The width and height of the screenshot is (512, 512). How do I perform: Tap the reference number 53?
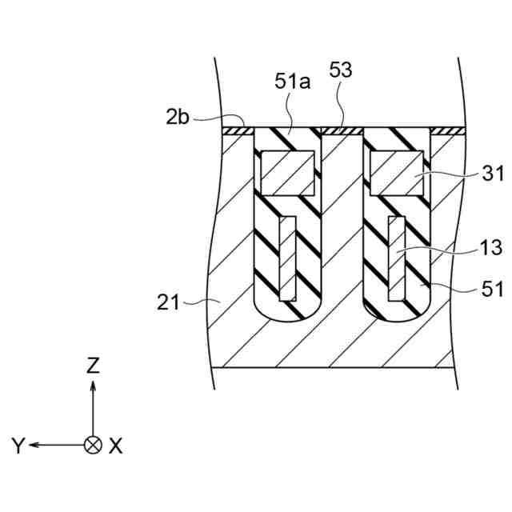[340, 70]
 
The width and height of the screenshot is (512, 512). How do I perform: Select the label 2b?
[178, 118]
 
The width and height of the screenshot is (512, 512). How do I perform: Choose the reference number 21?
[166, 302]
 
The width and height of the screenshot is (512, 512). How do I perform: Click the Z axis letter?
[94, 366]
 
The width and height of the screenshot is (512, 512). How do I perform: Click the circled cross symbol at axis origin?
[94, 445]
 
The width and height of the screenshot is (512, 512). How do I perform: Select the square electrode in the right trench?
[398, 173]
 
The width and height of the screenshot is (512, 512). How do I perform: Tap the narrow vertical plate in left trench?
[287, 257]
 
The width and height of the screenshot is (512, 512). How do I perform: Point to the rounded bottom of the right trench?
[398, 312]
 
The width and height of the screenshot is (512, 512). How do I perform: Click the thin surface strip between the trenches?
[342, 128]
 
